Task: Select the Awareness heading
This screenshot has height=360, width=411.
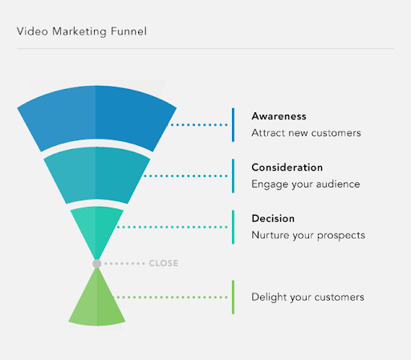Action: pos(279,116)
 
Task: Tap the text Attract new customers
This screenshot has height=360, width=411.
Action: pos(306,132)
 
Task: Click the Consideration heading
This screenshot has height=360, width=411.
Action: pos(287,168)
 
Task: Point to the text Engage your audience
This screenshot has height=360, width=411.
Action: pos(305,184)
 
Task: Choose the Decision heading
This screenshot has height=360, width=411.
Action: pos(273,218)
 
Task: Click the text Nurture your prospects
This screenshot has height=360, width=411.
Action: pos(308,235)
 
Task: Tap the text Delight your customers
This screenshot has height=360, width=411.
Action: pos(307,297)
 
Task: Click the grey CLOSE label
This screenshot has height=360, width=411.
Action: pos(164,263)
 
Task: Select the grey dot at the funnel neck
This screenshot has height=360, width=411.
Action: pos(96,263)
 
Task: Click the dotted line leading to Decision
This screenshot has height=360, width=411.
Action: pos(172,227)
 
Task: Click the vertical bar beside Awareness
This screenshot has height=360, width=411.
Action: pos(233,124)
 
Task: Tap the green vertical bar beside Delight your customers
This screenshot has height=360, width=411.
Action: pos(233,297)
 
